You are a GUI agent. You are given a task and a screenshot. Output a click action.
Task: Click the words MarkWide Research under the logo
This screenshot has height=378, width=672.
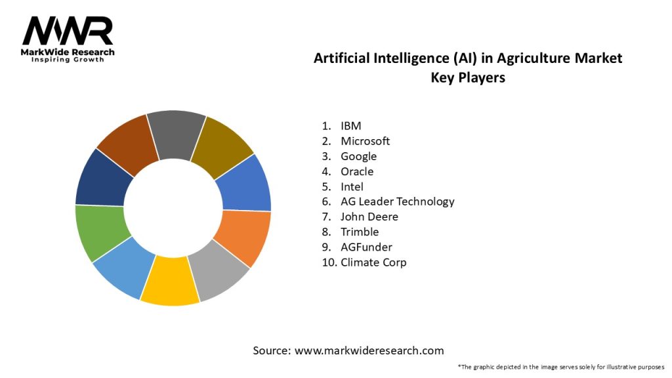click(x=68, y=52)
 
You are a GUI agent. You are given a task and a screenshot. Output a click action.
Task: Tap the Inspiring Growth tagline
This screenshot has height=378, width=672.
click(x=68, y=60)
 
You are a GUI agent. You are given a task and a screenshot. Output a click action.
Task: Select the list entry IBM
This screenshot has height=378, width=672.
click(x=351, y=125)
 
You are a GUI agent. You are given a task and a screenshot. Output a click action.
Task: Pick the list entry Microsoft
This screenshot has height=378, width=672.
click(x=365, y=140)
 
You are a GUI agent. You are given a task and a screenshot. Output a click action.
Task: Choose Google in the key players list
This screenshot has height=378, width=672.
click(x=358, y=156)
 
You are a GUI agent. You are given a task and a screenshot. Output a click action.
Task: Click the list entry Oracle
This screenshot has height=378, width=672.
click(x=357, y=171)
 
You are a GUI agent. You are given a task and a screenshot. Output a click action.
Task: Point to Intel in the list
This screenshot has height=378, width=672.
click(x=352, y=186)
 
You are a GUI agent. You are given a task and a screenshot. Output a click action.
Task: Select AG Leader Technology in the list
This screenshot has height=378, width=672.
click(x=397, y=201)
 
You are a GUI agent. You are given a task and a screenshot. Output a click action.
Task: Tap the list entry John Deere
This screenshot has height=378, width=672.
click(x=369, y=217)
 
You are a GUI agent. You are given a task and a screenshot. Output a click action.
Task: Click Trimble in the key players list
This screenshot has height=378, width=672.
click(x=360, y=232)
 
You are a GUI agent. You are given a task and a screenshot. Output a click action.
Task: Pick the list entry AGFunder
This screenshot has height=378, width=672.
click(x=366, y=247)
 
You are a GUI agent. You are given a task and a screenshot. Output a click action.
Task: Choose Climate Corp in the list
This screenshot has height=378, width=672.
click(x=373, y=262)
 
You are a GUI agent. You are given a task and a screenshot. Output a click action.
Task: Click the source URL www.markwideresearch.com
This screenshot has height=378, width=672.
click(x=369, y=350)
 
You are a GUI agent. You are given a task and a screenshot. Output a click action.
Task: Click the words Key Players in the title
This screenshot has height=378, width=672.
click(x=467, y=76)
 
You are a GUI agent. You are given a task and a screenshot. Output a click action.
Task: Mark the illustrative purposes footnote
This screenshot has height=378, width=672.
click(x=561, y=366)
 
